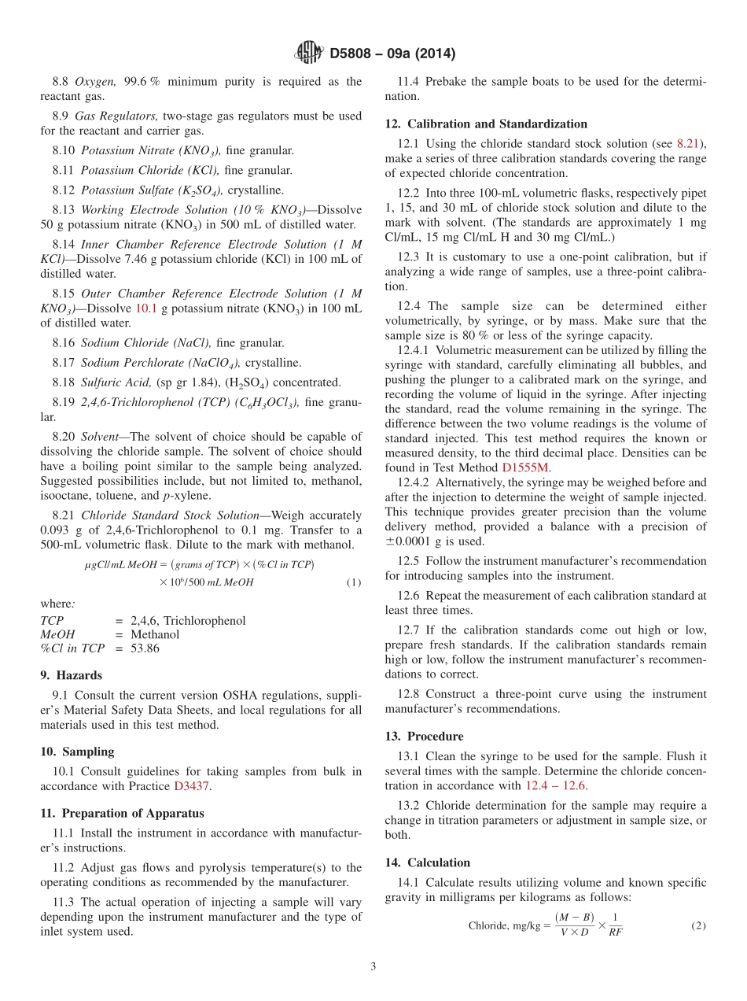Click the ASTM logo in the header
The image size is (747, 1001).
(x=308, y=54)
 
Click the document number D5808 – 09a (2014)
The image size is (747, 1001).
(x=392, y=54)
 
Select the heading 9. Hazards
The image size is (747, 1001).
(x=72, y=675)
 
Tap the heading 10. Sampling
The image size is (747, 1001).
(x=77, y=752)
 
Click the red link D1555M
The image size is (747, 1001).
(x=525, y=467)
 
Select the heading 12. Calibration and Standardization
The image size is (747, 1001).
(x=486, y=124)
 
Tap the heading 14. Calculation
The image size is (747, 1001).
(x=427, y=862)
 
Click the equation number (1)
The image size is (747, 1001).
(x=353, y=582)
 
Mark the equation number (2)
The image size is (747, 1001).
(x=697, y=926)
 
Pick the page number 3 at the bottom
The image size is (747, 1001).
(x=373, y=966)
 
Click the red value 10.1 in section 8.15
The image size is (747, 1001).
(x=147, y=308)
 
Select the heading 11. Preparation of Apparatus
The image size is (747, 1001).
(x=122, y=814)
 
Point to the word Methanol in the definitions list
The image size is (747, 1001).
(x=155, y=634)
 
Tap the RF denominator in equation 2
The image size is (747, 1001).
(x=616, y=934)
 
